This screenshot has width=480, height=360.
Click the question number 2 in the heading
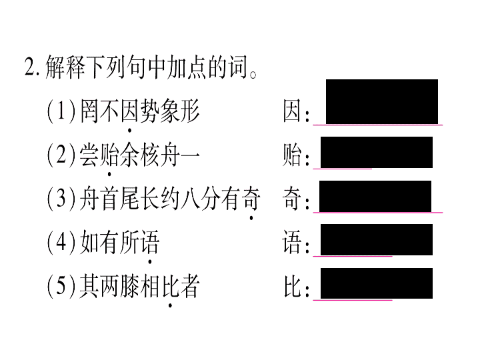pyautogui.click(x=30, y=67)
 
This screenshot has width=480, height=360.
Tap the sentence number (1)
pyautogui.click(x=61, y=111)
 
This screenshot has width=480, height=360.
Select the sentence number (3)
pyautogui.click(x=61, y=199)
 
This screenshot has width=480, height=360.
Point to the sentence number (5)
pyautogui.click(x=61, y=286)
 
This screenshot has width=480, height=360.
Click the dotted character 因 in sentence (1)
pyautogui.click(x=129, y=111)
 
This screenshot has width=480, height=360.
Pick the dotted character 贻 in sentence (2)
pyautogui.click(x=109, y=155)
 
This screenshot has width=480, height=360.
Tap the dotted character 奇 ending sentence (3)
pyautogui.click(x=251, y=199)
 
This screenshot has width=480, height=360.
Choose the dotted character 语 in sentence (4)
pyautogui.click(x=150, y=243)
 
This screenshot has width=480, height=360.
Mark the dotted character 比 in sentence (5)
pyautogui.click(x=170, y=286)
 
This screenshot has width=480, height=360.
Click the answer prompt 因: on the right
pyautogui.click(x=296, y=111)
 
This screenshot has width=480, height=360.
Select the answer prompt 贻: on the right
pyautogui.click(x=296, y=155)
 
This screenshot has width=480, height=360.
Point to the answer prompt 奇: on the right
pyautogui.click(x=296, y=199)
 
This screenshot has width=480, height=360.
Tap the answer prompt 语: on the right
pyautogui.click(x=296, y=243)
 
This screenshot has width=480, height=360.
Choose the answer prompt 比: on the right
pyautogui.click(x=296, y=286)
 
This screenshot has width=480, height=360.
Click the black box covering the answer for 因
pyautogui.click(x=382, y=101)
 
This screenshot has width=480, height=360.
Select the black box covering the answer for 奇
pyautogui.click(x=375, y=196)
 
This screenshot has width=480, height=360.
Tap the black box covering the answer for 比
pyautogui.click(x=377, y=283)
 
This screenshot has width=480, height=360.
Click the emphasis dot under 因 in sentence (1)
pyautogui.click(x=129, y=131)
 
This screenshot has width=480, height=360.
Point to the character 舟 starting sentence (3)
pyautogui.click(x=89, y=199)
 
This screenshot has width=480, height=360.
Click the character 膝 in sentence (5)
pyautogui.click(x=129, y=286)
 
